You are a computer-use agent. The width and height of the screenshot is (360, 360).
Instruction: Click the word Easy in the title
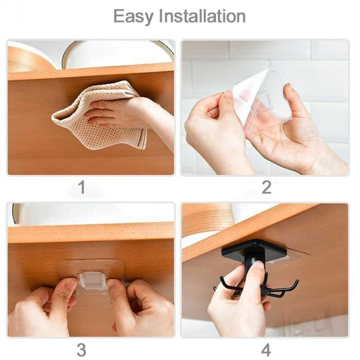[133, 17]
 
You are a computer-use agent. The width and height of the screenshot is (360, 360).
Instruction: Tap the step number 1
[82, 188]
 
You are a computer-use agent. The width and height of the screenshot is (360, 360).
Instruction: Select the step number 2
[266, 188]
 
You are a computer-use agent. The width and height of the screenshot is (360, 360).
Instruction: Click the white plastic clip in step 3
[93, 280]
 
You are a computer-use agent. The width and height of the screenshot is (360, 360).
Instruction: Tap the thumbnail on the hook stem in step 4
[258, 266]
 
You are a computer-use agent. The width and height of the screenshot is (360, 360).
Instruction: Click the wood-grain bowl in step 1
[29, 58]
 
